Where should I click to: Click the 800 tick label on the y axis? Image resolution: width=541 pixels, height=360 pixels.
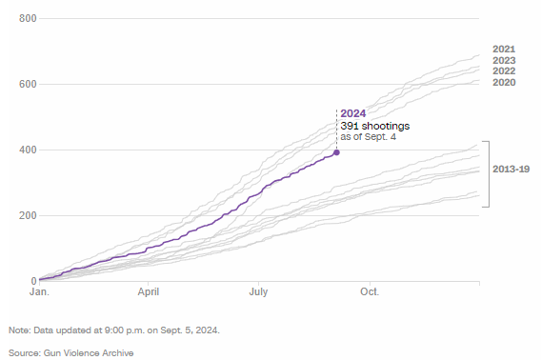[26, 19]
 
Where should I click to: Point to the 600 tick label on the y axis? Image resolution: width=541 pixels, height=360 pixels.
[26, 85]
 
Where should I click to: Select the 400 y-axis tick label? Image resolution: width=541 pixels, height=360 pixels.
[26, 150]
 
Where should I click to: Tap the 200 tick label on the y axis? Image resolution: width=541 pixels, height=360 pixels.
[26, 216]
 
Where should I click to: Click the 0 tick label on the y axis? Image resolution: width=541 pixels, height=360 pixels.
[32, 281]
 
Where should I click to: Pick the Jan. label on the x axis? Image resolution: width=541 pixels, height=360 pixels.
[39, 293]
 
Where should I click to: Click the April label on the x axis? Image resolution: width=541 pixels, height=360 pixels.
[149, 293]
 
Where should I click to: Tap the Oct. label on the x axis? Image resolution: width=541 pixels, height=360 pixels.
[369, 293]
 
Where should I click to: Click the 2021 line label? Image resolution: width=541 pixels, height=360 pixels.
[504, 50]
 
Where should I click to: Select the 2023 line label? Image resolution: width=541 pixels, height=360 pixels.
[504, 61]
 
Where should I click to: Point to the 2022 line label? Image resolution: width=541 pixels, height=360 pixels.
[504, 71]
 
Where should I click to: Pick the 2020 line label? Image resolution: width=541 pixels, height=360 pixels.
[504, 83]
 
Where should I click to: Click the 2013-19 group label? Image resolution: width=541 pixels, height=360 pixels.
[511, 169]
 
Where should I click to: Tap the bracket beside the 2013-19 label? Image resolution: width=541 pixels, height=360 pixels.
[488, 173]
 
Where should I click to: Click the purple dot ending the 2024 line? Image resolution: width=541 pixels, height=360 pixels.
[336, 152]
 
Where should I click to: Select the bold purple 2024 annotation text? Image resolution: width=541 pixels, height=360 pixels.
[352, 113]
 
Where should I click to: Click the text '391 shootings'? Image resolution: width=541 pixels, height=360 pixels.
[371, 126]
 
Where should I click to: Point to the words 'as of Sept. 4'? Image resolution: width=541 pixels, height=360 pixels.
[368, 137]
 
